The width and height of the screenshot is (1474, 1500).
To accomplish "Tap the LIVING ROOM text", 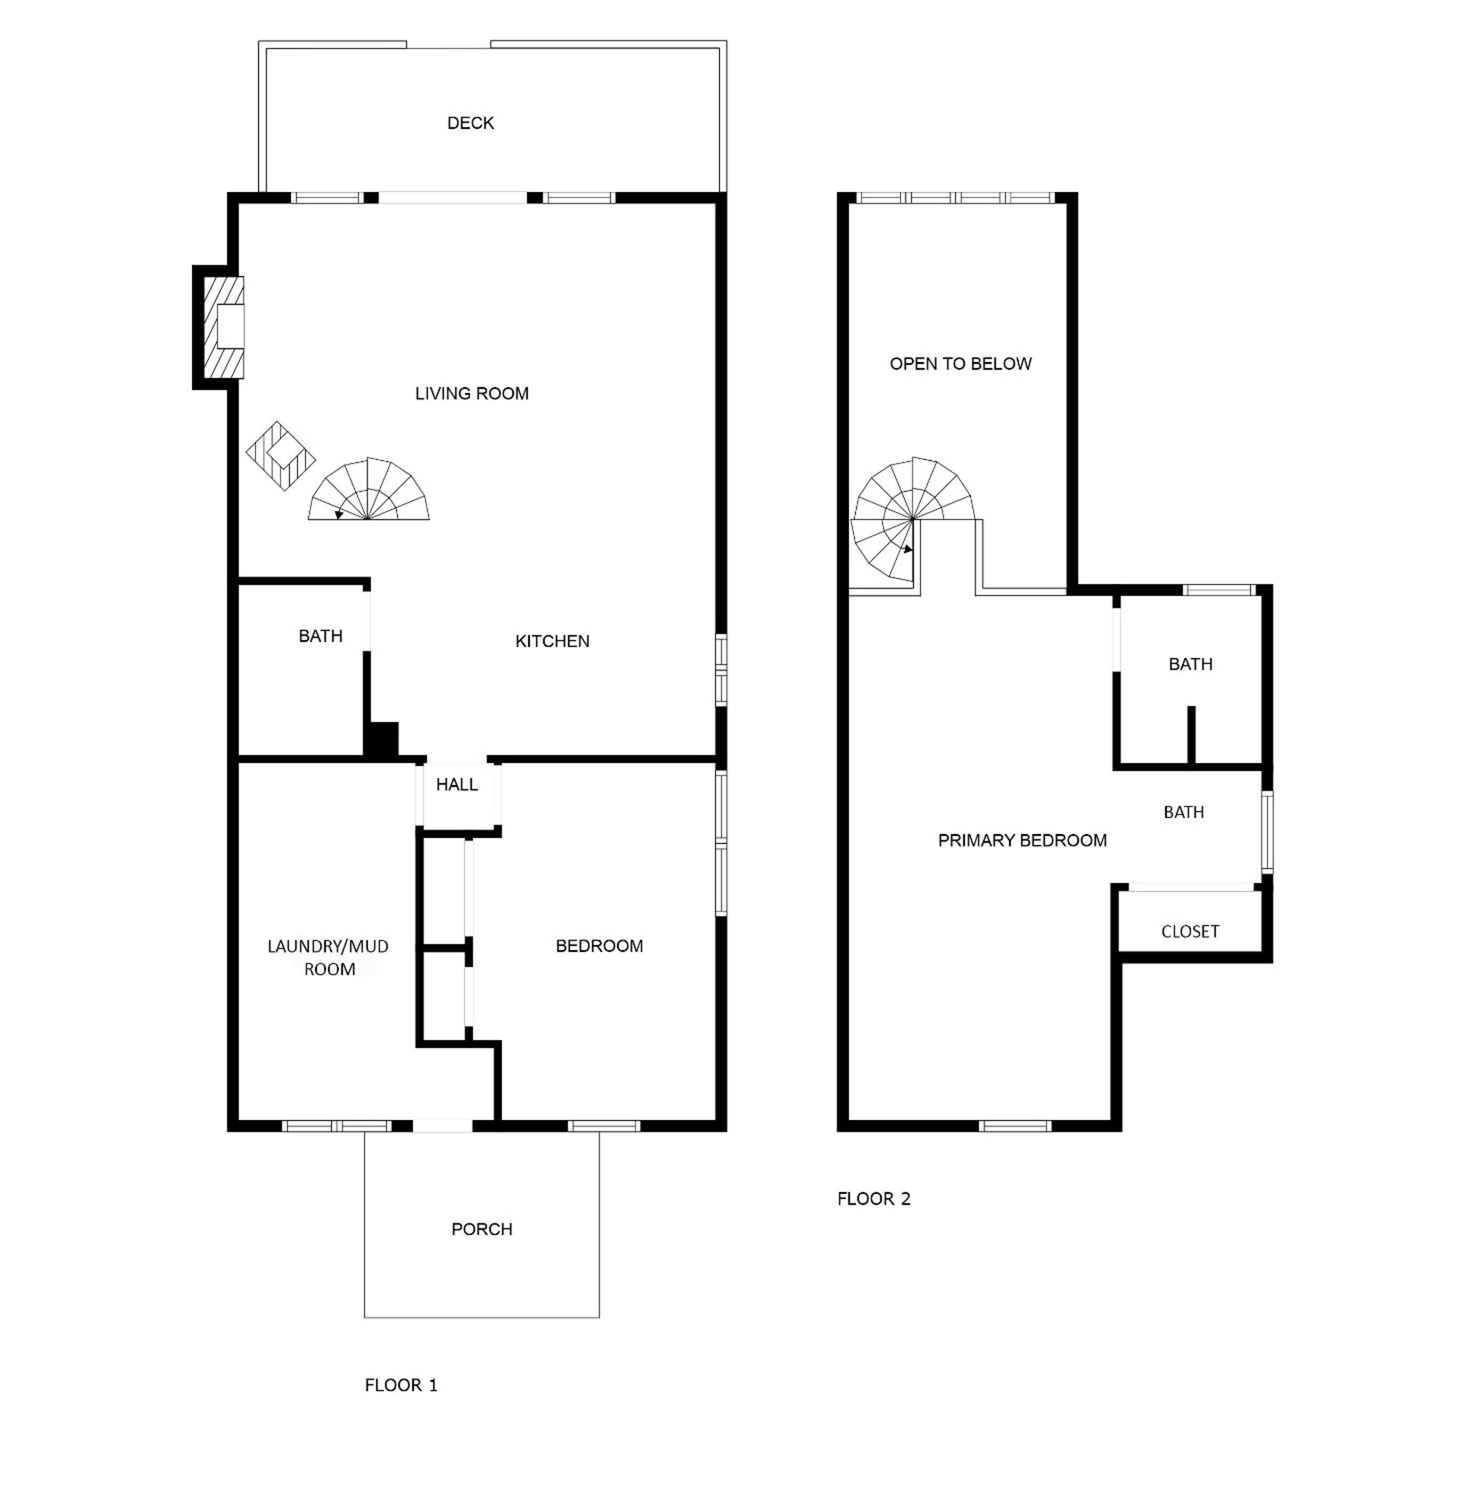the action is pos(471,393).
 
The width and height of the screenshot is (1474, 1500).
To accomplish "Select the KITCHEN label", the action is pos(552,641).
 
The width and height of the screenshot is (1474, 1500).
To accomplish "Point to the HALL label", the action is pos(457,784).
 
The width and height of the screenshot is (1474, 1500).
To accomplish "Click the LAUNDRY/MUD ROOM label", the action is pos(328,957).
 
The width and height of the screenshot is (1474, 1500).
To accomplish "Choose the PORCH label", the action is pos(482,1229).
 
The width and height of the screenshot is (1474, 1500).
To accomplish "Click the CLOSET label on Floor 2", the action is pos(1190,932).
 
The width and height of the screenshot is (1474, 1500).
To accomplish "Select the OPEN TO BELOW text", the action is pos(960,364).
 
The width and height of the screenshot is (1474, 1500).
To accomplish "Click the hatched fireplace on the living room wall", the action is pos(223,328).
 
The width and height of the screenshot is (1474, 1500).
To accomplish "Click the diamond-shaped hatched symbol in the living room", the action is pos(280,456).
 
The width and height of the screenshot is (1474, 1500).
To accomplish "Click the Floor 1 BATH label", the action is pos(321,636).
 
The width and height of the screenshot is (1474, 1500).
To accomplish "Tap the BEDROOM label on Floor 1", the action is pos(599,946).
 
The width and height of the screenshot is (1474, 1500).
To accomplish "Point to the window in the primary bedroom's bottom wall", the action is pos(1015,1126).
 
